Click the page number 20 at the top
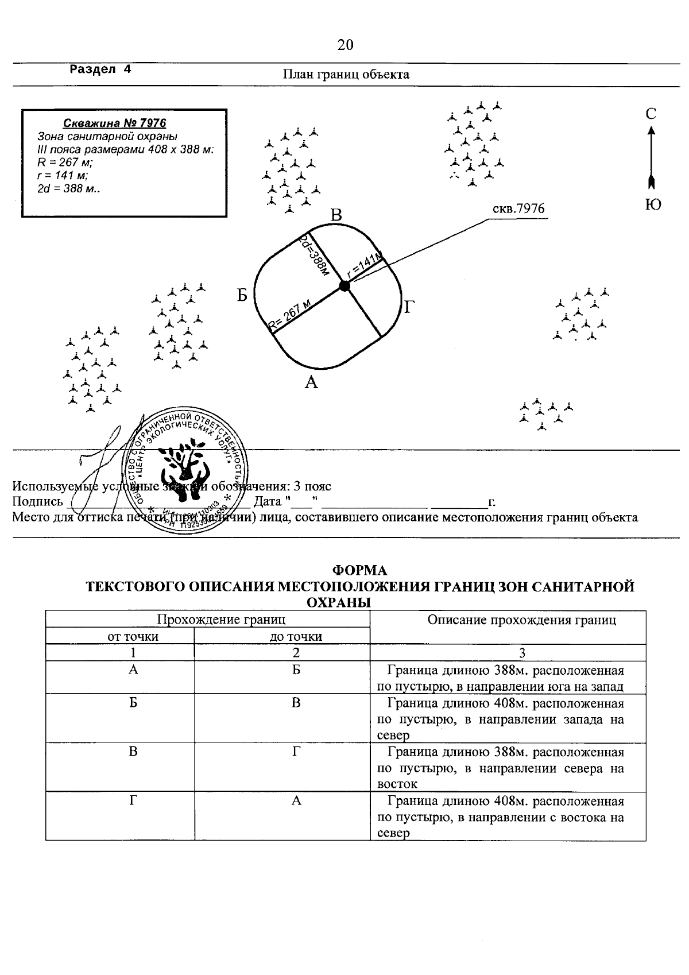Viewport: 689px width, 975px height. [345, 45]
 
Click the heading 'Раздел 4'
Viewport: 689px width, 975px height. [100, 69]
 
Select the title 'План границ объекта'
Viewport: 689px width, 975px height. [346, 74]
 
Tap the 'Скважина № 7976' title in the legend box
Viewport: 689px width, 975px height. [115, 123]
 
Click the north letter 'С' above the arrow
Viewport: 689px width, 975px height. [651, 114]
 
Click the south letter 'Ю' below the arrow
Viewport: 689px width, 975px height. [653, 204]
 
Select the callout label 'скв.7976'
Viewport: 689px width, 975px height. [518, 208]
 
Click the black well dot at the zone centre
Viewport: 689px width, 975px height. [344, 286]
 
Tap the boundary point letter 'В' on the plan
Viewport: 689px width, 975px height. [336, 215]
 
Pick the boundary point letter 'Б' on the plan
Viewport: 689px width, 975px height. [243, 295]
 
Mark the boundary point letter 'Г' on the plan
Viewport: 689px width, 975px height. [409, 307]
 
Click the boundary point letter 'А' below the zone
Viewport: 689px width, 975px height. [311, 382]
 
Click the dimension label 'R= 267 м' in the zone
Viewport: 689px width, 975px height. [291, 316]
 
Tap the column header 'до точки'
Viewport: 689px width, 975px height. [296, 636]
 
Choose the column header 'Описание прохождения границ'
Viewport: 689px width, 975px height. [522, 620]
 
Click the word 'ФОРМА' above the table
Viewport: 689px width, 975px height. [360, 570]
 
